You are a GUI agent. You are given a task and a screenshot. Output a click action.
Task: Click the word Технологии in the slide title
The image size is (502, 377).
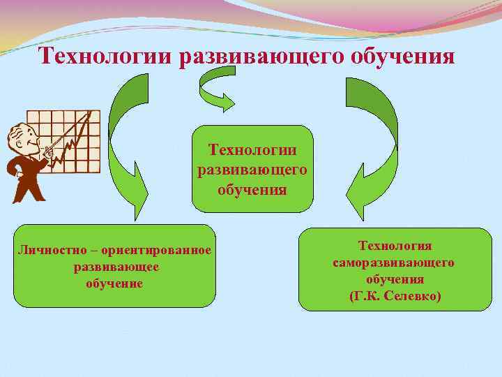click(x=106, y=56)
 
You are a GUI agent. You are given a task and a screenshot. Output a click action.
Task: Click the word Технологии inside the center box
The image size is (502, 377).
click(x=252, y=150)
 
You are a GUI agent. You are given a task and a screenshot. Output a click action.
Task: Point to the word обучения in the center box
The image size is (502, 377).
click(x=252, y=189)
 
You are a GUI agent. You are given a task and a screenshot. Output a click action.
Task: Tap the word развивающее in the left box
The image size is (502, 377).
click(x=115, y=267)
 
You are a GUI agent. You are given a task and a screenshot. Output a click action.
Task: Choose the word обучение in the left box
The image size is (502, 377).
click(x=115, y=283)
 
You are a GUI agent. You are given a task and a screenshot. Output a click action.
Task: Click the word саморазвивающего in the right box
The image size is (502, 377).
click(x=395, y=263)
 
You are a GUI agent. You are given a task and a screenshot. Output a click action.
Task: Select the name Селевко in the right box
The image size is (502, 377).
click(x=413, y=296)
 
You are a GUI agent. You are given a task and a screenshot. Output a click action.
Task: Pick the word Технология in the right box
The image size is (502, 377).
click(x=395, y=246)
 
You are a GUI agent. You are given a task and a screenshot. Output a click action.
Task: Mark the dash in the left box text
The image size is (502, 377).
click(x=104, y=251)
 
